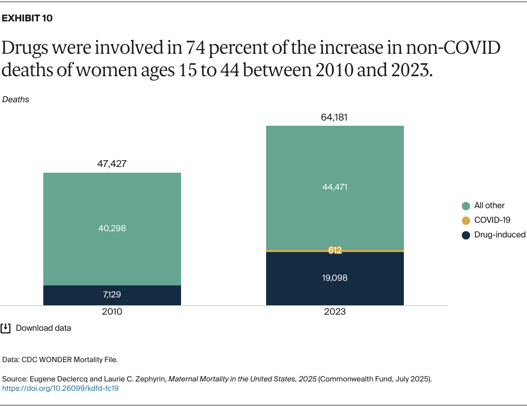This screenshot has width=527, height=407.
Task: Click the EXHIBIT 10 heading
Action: tap(28, 18)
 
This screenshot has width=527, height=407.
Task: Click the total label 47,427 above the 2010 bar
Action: tap(112, 164)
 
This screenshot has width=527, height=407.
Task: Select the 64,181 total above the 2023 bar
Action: tap(334, 117)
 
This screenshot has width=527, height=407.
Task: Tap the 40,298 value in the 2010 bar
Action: tap(112, 228)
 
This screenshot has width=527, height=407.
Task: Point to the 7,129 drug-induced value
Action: tap(112, 295)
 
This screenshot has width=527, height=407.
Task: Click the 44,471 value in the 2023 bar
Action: tap(334, 187)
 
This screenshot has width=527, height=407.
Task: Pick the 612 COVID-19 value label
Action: tap(334, 250)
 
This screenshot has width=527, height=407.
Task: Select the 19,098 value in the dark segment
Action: tap(334, 278)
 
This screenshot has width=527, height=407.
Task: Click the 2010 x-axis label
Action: tap(112, 312)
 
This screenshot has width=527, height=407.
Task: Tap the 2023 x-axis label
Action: tap(334, 312)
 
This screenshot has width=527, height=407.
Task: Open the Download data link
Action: tap(43, 328)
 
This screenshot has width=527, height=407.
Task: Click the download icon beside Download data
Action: tap(6, 328)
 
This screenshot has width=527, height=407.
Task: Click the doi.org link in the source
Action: tap(61, 389)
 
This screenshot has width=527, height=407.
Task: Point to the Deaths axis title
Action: tap(16, 99)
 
